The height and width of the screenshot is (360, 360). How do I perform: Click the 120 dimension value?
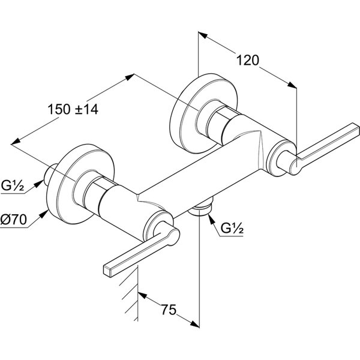247,61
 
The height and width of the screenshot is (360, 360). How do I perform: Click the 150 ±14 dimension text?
73,109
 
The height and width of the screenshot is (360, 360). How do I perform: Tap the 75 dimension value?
170,310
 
